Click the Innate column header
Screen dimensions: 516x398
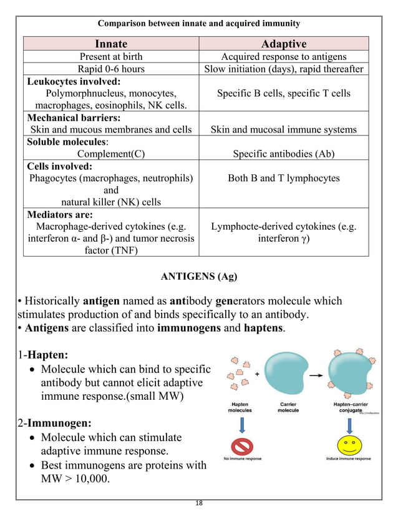point(111,43)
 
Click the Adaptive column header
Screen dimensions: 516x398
point(283,43)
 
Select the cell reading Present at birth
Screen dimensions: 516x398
point(111,57)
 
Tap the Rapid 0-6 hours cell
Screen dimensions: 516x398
point(111,69)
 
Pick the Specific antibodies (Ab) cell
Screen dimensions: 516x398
point(283,153)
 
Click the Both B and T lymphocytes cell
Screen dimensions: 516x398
point(283,178)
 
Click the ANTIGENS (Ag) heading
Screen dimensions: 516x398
point(198,275)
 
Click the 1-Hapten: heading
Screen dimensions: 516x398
point(42,355)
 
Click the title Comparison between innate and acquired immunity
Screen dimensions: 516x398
point(198,24)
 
